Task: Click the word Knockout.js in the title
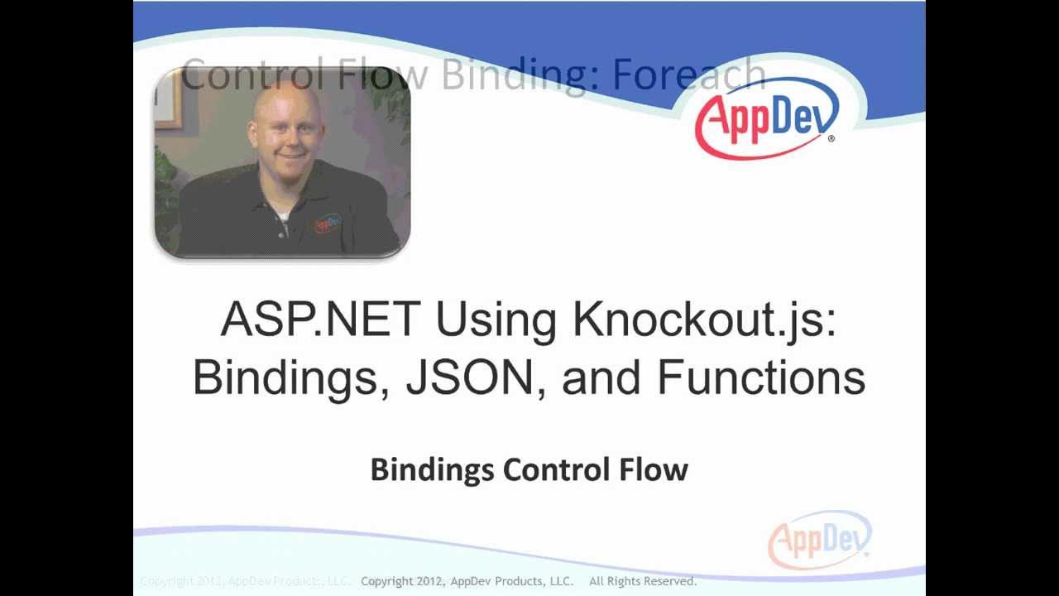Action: click(x=704, y=320)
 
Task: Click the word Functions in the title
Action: click(x=761, y=377)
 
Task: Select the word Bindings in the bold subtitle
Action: click(x=433, y=470)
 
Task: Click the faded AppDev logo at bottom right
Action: click(x=819, y=541)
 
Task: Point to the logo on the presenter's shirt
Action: click(x=327, y=223)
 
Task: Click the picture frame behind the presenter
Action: click(x=167, y=99)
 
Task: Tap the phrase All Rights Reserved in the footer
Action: click(x=643, y=581)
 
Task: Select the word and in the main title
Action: click(x=601, y=377)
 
